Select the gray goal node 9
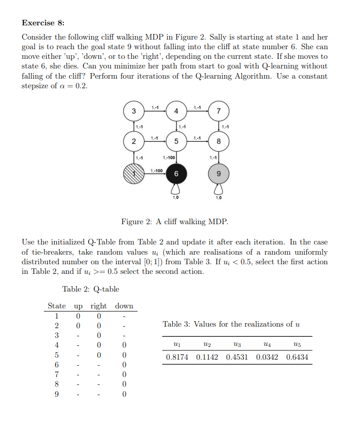219,173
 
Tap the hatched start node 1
133,173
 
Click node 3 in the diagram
133,111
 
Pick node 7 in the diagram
219,111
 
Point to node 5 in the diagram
176,142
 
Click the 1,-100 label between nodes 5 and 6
169,158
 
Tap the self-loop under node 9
219,190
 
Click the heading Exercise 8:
43,23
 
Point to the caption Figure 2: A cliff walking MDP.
174,222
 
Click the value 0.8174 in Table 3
177,357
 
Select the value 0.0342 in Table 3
267,357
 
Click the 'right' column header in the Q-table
98,306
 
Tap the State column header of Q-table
57,306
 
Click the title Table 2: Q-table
91,289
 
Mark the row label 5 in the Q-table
57,355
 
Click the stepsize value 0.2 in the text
82,86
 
